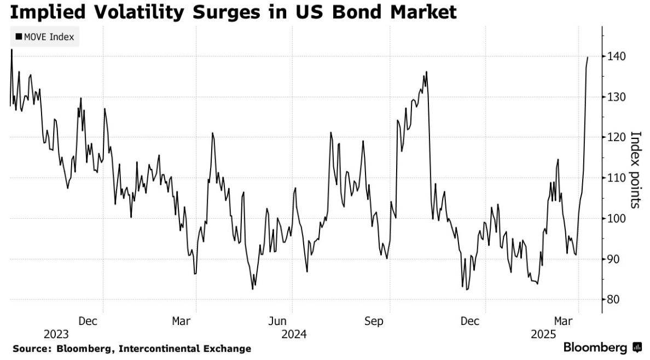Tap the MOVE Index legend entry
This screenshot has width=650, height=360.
pyautogui.click(x=45, y=37)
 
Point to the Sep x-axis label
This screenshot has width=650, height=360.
pyautogui.click(x=374, y=321)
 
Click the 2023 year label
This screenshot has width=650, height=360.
pyautogui.click(x=56, y=334)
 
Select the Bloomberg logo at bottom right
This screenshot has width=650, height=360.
pyautogui.click(x=602, y=347)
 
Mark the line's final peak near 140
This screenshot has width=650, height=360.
pyautogui.click(x=588, y=57)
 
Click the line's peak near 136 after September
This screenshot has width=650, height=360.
pyautogui.click(x=426, y=72)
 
